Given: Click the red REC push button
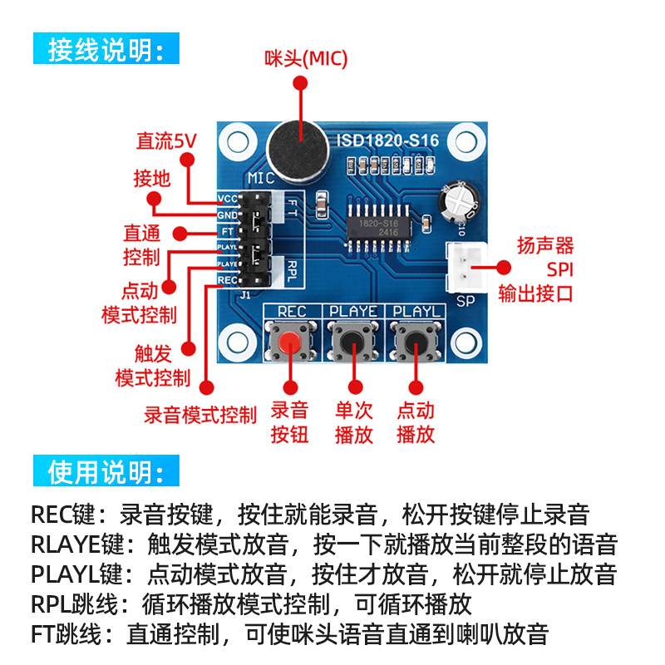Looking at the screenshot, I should click(x=290, y=342).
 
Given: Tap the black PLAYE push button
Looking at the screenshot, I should click(x=354, y=342).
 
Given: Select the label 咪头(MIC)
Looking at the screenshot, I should click(x=306, y=58).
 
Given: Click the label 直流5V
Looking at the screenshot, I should click(x=166, y=141).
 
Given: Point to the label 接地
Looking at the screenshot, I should click(x=152, y=178).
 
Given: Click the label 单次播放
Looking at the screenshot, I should click(x=354, y=421).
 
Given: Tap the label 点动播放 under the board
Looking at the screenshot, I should click(x=416, y=421).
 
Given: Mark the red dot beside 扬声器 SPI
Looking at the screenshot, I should click(x=504, y=268).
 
